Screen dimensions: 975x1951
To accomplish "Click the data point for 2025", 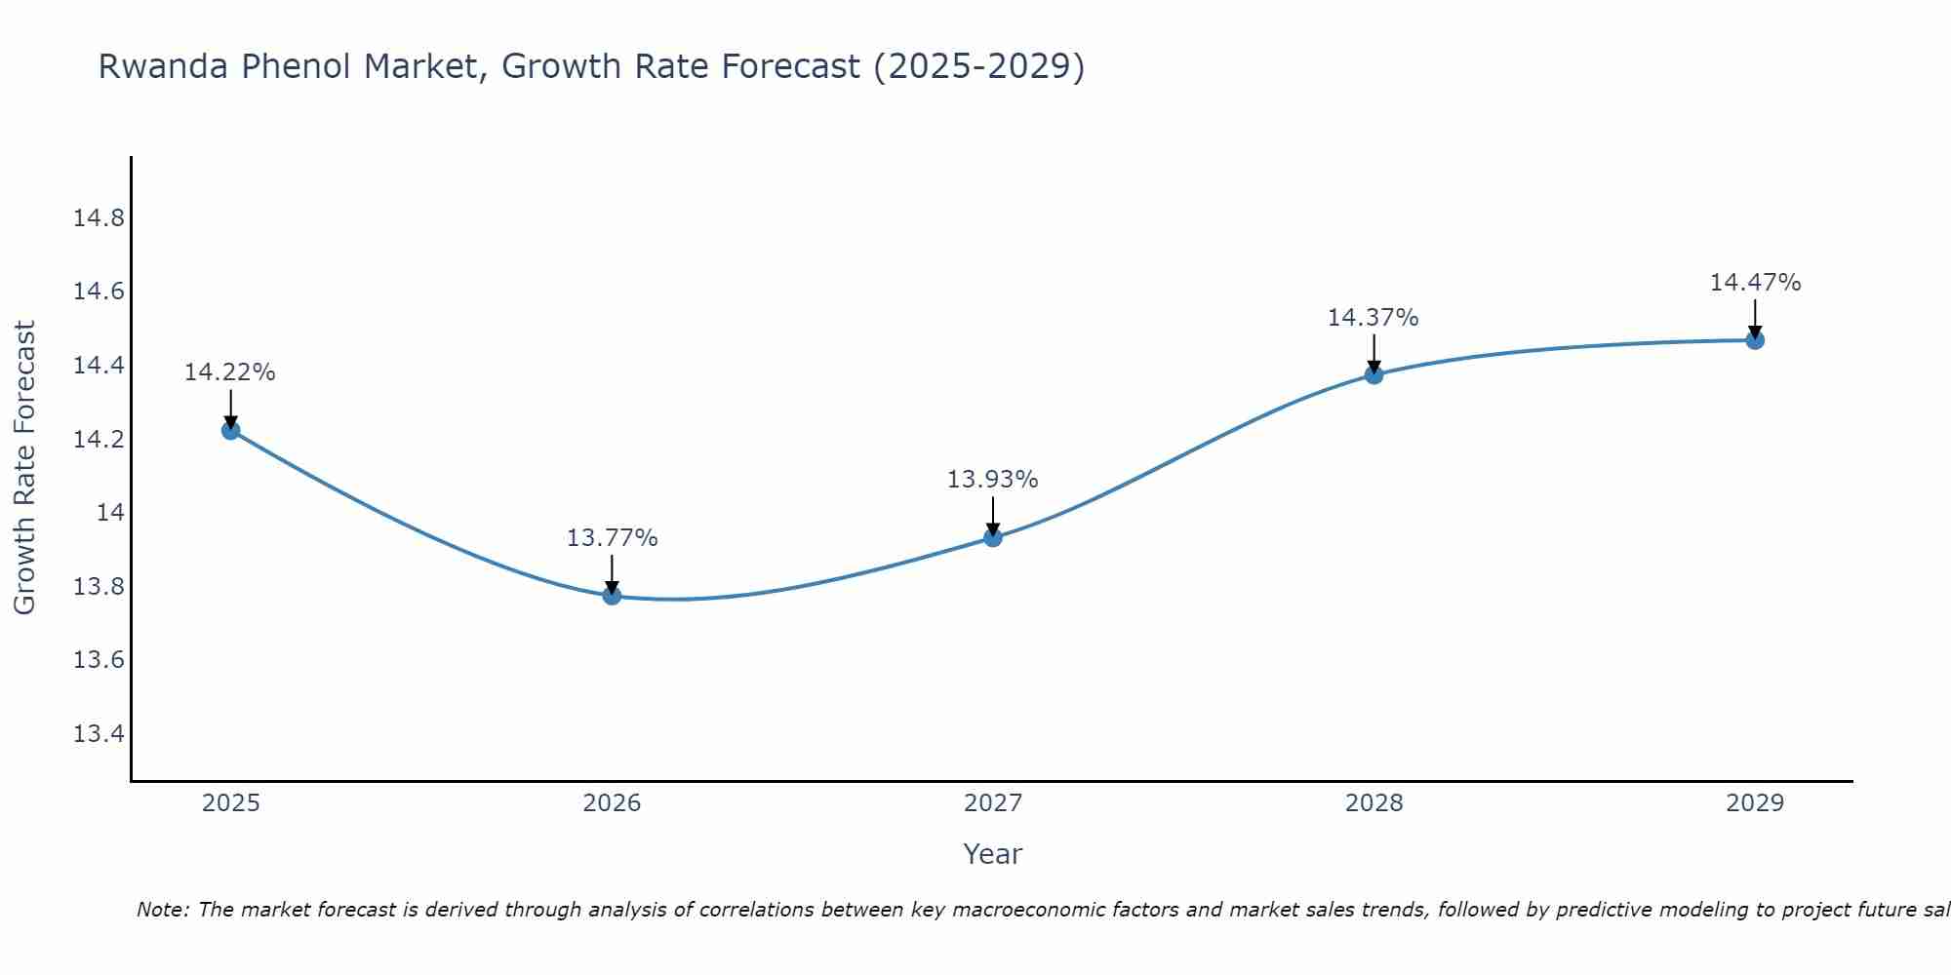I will [x=231, y=430].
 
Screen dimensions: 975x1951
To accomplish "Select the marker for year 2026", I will [x=612, y=595].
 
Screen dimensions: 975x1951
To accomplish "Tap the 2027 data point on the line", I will [x=993, y=536].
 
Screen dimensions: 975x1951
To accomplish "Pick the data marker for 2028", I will [x=1374, y=374].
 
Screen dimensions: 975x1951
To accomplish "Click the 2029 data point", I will [x=1755, y=339].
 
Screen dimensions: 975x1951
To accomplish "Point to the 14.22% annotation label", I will [x=230, y=372].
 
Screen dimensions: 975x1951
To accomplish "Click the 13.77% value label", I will [x=612, y=538].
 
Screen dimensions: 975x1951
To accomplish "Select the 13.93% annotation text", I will [x=992, y=480].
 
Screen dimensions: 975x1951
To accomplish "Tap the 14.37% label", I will [x=1373, y=318].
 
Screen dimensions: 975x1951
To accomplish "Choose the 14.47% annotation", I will [x=1755, y=283].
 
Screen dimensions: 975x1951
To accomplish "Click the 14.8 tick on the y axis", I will [x=99, y=218].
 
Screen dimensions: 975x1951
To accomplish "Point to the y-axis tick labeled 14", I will [x=110, y=513].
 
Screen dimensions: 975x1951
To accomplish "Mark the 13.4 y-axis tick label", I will [x=99, y=734].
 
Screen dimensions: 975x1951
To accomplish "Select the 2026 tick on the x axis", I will [x=612, y=803].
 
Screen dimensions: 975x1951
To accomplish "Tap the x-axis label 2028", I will [x=1374, y=803].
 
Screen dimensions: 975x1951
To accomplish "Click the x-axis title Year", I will [x=992, y=854].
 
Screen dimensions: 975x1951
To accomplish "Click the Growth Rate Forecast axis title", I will [x=24, y=468].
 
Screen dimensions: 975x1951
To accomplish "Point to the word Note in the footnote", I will [x=162, y=910].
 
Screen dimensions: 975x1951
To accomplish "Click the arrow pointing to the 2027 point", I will [x=993, y=514].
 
